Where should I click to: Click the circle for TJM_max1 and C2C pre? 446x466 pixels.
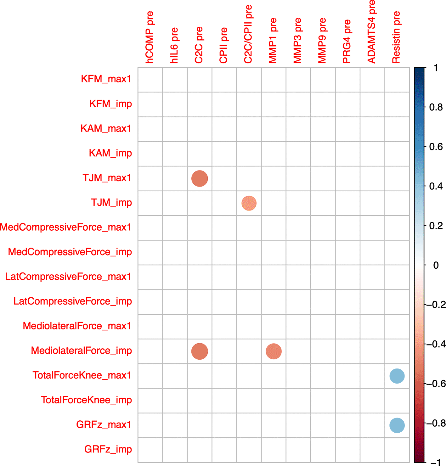(200, 178)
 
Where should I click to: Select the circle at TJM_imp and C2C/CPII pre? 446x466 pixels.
(249, 203)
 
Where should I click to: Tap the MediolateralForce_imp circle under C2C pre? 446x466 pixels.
(200, 351)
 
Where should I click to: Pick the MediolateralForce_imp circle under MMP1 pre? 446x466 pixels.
(274, 351)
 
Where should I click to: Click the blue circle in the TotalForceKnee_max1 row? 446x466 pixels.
(397, 376)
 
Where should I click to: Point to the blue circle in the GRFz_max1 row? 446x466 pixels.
(397, 425)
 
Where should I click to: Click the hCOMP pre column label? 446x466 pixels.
(150, 37)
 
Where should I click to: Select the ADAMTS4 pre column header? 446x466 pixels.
(372, 31)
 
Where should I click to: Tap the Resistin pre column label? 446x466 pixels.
(396, 37)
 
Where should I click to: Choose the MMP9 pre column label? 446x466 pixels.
(322, 40)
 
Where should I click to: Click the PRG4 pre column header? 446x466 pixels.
(347, 41)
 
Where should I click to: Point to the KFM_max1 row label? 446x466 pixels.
(106, 79)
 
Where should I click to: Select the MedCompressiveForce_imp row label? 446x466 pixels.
(70, 252)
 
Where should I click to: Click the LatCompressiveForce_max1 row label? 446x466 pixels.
(68, 277)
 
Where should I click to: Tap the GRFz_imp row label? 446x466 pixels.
(108, 449)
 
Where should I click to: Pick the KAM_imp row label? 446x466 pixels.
(110, 153)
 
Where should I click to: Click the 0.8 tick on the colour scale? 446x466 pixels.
(436, 107)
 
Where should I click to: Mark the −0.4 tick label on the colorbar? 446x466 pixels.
(436, 344)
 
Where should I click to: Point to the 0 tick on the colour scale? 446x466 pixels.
(436, 265)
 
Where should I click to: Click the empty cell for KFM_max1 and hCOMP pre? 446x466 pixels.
(150, 80)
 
